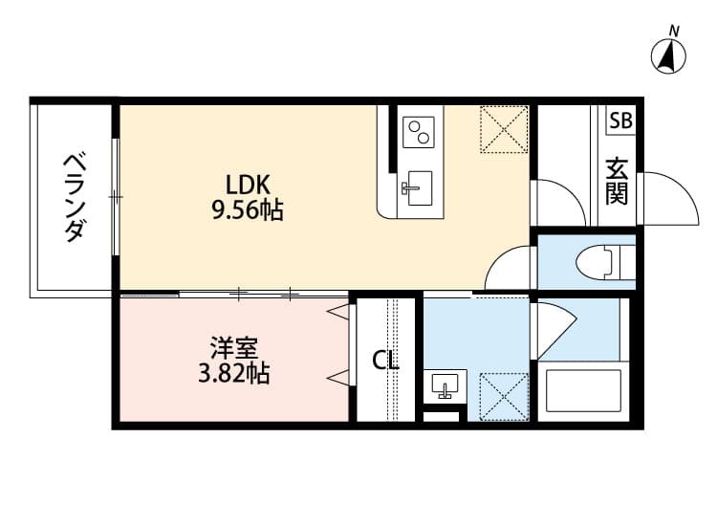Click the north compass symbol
coord(669,56)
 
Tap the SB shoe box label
coord(620,121)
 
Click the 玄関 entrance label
coord(617,183)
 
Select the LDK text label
coord(249,185)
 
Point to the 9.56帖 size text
coord(247,211)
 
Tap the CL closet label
coord(385,361)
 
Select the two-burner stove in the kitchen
coord(418,132)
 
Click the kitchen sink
coord(417,187)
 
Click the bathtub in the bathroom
coord(581,389)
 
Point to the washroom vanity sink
coord(445,385)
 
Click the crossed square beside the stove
coord(504,129)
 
